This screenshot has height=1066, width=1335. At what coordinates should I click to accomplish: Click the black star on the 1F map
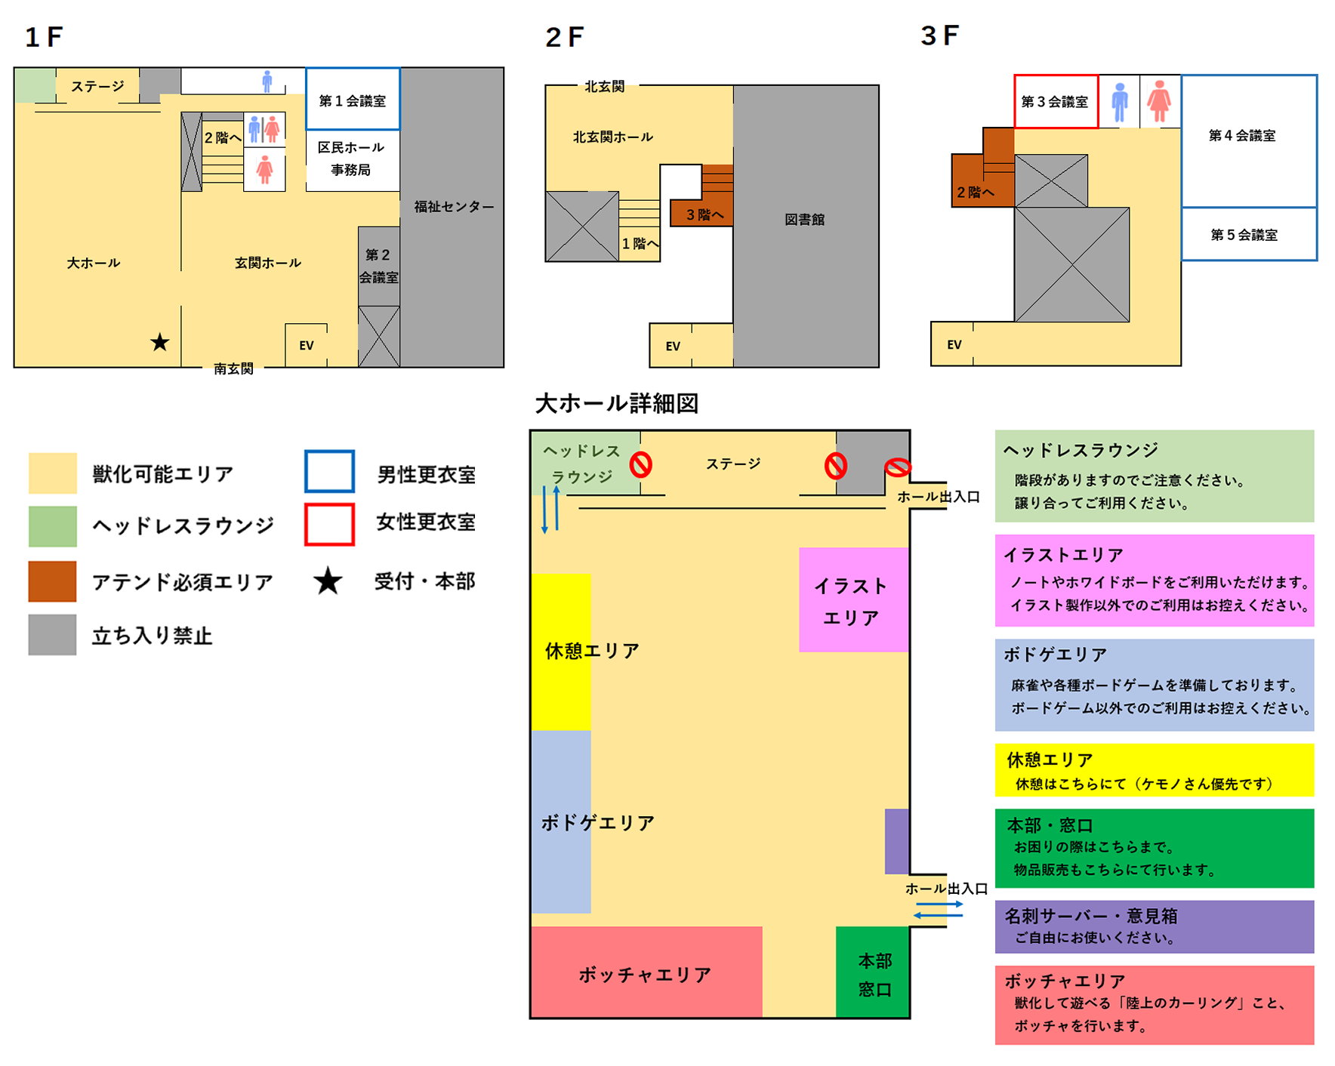pyautogui.click(x=159, y=343)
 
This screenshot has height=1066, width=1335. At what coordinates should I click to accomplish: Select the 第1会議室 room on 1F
pyautogui.click(x=353, y=99)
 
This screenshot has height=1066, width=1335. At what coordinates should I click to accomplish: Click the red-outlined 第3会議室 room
pyautogui.click(x=1056, y=101)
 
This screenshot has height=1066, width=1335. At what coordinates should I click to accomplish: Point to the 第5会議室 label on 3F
pyautogui.click(x=1244, y=235)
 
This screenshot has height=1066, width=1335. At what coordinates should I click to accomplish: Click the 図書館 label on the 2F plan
pyautogui.click(x=804, y=220)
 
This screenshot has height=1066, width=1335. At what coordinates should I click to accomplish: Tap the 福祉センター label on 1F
pyautogui.click(x=454, y=206)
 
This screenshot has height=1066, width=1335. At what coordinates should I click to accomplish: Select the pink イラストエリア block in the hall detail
pyautogui.click(x=853, y=599)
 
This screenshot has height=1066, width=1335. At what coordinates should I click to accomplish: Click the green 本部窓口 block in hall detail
pyautogui.click(x=872, y=972)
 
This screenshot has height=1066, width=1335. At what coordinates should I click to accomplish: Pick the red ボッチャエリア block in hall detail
pyautogui.click(x=646, y=972)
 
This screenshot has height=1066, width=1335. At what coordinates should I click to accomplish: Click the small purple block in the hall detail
pyautogui.click(x=897, y=841)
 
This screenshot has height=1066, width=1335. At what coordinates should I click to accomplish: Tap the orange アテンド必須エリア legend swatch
pyautogui.click(x=52, y=581)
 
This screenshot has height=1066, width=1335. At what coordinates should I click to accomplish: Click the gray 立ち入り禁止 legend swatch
pyautogui.click(x=52, y=634)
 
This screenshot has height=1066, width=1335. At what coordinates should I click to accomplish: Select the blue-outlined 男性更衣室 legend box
pyautogui.click(x=329, y=471)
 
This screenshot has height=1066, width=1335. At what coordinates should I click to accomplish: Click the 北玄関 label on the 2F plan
pyautogui.click(x=604, y=87)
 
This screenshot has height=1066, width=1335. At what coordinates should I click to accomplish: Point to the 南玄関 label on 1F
pyautogui.click(x=233, y=368)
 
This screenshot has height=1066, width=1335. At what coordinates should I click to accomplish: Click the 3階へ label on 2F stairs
pyautogui.click(x=704, y=215)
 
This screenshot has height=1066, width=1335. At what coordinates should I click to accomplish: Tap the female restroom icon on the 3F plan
pyautogui.click(x=1159, y=101)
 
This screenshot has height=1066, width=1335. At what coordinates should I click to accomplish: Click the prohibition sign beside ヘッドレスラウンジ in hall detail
pyautogui.click(x=641, y=464)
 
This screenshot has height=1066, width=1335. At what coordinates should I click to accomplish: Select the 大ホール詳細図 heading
pyautogui.click(x=616, y=403)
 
